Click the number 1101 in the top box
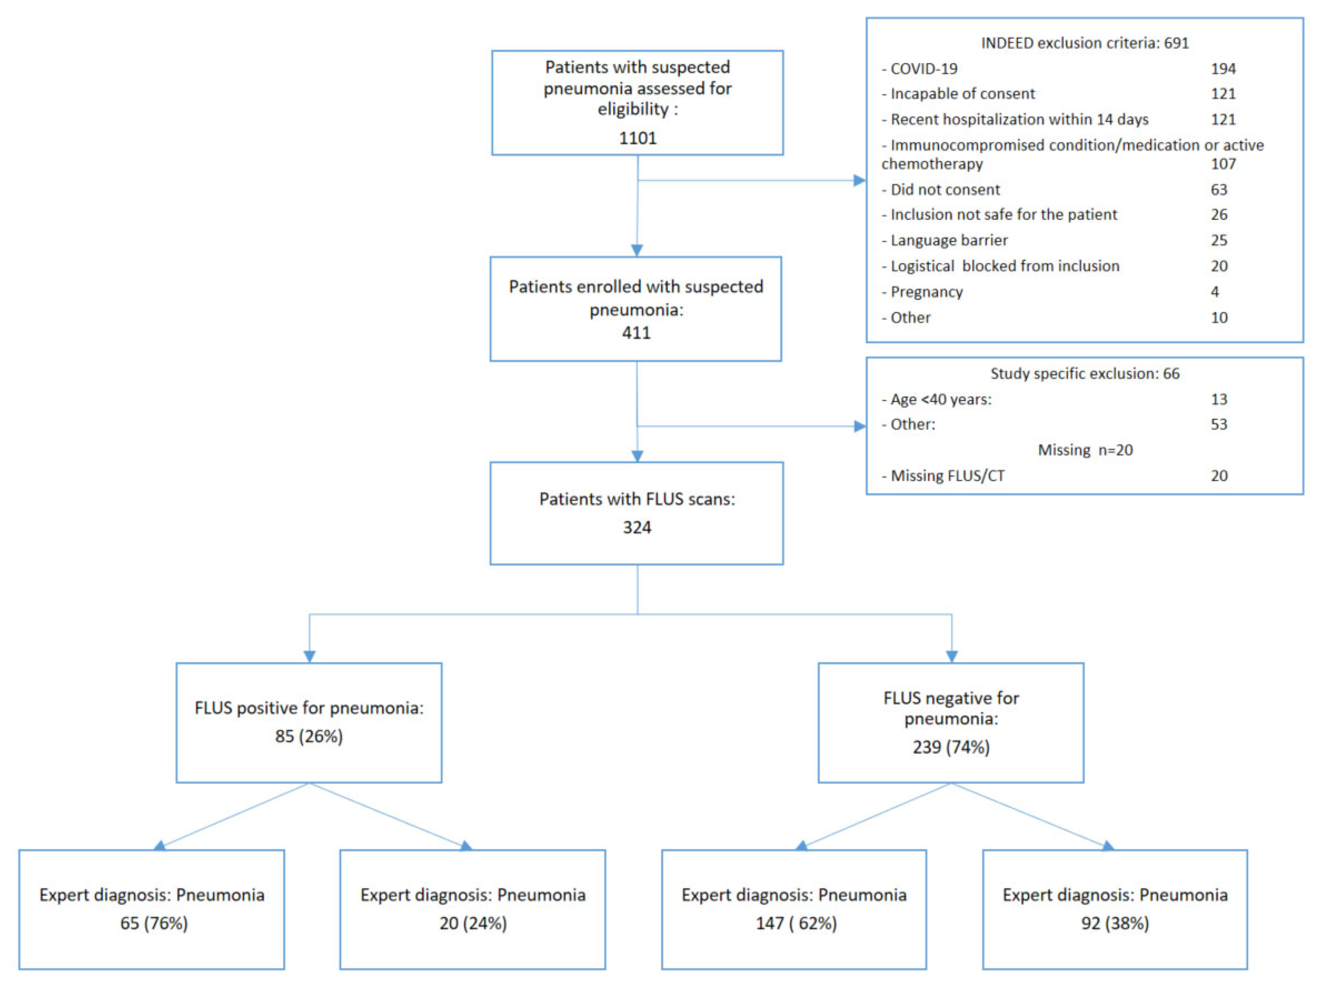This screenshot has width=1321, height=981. click(x=637, y=138)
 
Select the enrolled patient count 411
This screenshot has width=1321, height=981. click(x=636, y=333)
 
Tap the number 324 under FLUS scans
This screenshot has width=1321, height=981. click(x=637, y=527)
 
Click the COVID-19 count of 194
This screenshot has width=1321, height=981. click(x=1223, y=69)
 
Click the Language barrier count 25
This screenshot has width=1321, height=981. click(x=1219, y=240)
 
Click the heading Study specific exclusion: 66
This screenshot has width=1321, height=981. click(x=1085, y=373)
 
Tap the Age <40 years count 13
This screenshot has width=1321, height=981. click(x=1219, y=399)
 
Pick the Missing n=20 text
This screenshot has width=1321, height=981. click(x=1085, y=450)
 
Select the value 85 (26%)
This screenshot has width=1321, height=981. click(x=309, y=736)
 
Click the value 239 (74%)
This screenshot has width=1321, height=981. click(x=951, y=747)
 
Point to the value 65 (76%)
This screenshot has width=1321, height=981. click(x=154, y=923)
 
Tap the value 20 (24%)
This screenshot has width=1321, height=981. click(x=473, y=923)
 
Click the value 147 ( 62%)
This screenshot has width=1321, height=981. click(x=796, y=923)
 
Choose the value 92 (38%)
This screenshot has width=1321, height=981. click(x=1115, y=923)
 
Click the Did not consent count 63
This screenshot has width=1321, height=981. click(x=1219, y=190)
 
